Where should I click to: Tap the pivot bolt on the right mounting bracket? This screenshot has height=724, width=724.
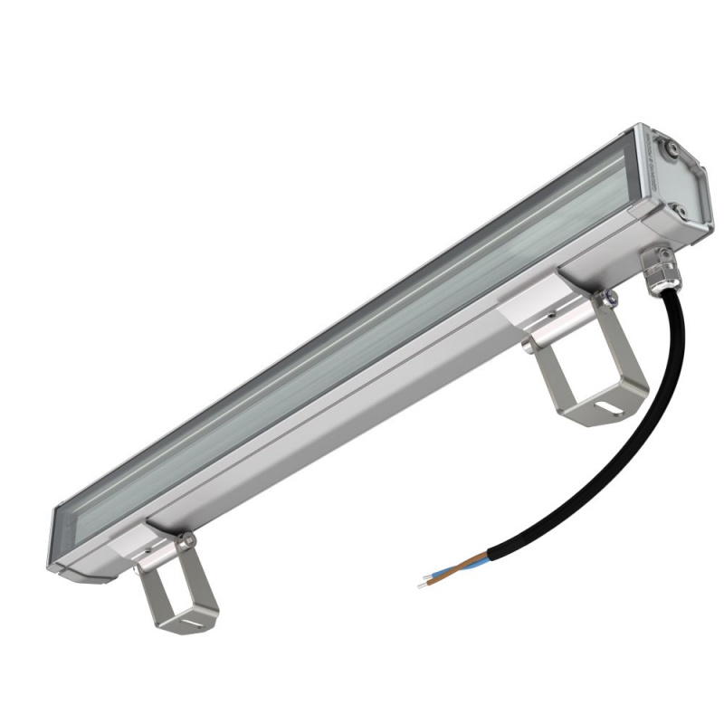[x=613, y=294]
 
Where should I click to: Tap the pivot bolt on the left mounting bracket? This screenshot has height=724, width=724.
[x=187, y=541]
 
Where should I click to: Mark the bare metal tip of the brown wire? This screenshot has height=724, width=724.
[x=429, y=575]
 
